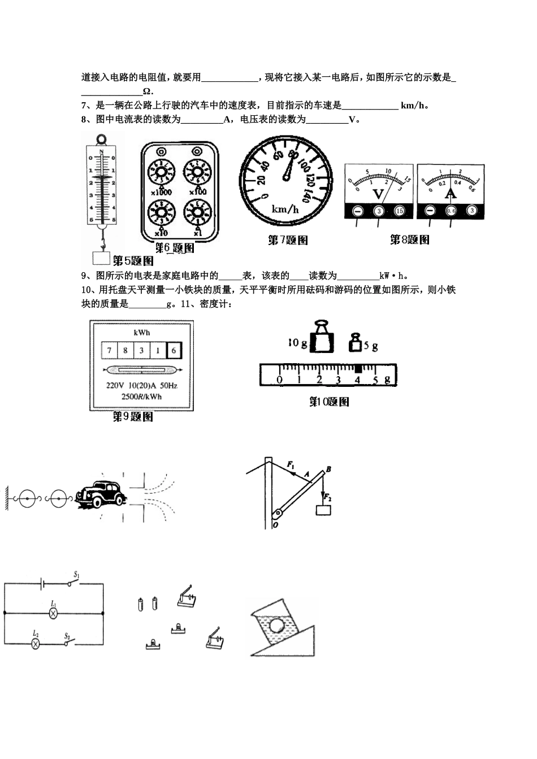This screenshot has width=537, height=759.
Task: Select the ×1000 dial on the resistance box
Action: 161,172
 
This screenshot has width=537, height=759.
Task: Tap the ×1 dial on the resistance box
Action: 196,213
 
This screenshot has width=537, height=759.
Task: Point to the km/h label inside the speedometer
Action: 285,210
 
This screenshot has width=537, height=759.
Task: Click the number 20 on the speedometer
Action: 261,180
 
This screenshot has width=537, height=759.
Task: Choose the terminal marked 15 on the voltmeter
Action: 399,211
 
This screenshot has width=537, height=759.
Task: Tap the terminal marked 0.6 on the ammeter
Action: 451,211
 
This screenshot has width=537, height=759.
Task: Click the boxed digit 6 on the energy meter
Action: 174,351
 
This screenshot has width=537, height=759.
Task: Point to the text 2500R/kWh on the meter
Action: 141,396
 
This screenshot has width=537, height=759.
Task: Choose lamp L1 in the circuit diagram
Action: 54,612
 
